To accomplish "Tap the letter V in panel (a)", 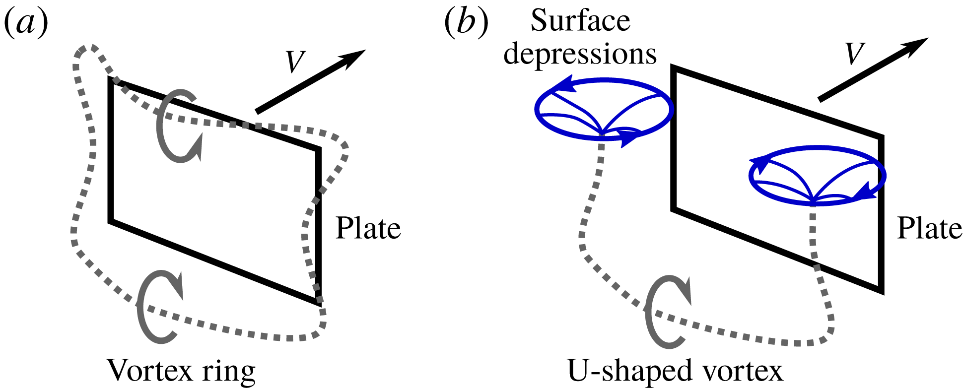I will (x=295, y=62).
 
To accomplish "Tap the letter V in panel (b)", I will (x=855, y=54).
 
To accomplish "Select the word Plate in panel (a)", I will (x=368, y=228).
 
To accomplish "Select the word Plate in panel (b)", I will (x=929, y=228).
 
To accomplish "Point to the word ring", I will (x=232, y=371).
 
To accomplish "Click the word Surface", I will (x=580, y=21).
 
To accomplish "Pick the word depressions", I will (x=580, y=54).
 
